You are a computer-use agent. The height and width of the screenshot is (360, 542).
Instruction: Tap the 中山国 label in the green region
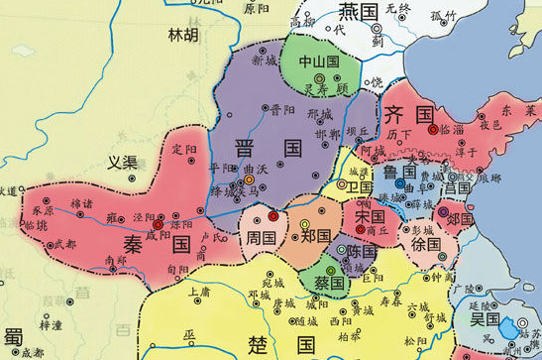pos(319,61)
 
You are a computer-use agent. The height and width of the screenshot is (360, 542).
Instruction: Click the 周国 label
pos(262,238)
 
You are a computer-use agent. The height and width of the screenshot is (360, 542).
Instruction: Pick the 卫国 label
pos(360,186)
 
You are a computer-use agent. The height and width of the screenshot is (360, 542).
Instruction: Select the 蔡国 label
pos(329,284)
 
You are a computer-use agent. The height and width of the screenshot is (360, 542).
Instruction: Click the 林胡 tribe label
pos(184,35)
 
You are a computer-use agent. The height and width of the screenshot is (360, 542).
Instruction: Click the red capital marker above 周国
pos(272,216)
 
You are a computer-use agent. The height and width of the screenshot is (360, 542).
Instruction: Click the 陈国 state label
pos(361,252)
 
